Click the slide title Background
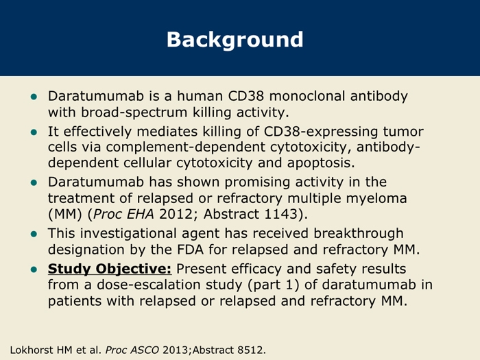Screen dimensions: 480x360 click(x=235, y=40)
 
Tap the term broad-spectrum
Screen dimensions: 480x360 click(x=134, y=112)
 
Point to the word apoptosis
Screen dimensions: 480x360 click(x=321, y=163)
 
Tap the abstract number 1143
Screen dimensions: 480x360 click(x=280, y=214)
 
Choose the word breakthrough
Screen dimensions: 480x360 click(x=359, y=233)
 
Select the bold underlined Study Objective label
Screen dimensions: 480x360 click(x=110, y=269)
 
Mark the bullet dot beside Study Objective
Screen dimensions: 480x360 click(x=34, y=269)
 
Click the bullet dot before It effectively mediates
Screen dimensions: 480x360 click(x=34, y=132)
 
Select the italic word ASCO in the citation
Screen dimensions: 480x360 click(x=145, y=350)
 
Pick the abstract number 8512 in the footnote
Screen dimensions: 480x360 click(x=250, y=350)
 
